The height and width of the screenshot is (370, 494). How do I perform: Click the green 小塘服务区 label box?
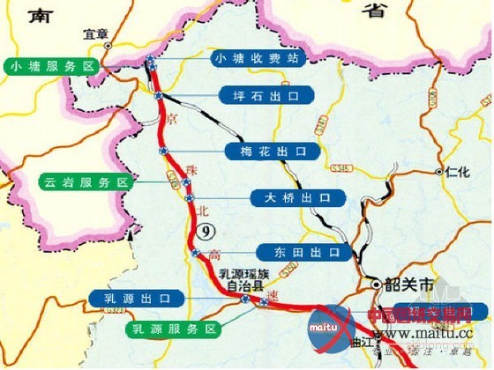tap(51, 66)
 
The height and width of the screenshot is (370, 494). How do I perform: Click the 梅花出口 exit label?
tap(272, 152)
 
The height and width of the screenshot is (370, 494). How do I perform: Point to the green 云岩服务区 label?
tap(85, 182)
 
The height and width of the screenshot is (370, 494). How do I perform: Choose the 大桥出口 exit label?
tap(297, 196)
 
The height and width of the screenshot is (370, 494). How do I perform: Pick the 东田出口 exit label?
tap(299, 253)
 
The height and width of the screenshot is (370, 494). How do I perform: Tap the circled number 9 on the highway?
tap(205, 232)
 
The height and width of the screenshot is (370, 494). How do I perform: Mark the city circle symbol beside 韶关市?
tap(375, 284)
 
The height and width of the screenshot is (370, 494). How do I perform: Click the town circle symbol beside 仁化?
tap(439, 173)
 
